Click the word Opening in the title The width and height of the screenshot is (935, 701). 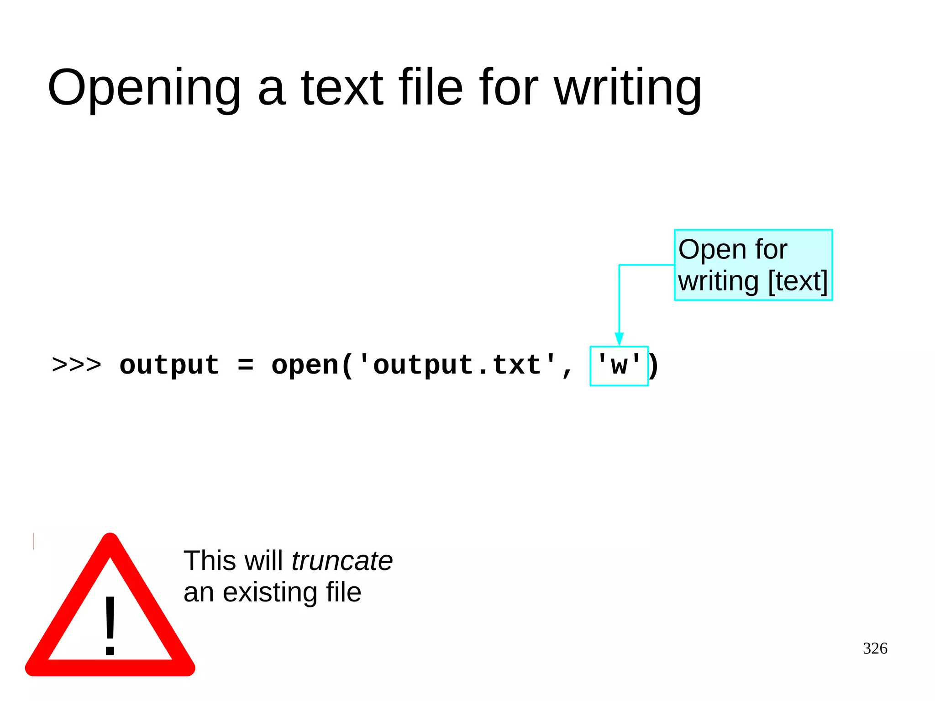[144, 88]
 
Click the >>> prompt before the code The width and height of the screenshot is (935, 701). [76, 365]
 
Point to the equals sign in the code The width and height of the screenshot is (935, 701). [246, 365]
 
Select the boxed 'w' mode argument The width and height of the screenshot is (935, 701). [619, 366]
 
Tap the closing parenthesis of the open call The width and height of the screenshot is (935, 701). [654, 366]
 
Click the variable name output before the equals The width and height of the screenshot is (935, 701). [169, 366]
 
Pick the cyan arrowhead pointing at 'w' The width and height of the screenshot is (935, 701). [619, 338]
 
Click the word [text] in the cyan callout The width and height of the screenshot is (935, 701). [798, 281]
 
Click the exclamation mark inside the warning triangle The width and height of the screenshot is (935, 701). [110, 625]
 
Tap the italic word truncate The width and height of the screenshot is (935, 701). [342, 561]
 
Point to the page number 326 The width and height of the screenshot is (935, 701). [875, 648]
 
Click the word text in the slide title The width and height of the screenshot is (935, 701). [342, 88]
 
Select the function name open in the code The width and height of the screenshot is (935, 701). [305, 366]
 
